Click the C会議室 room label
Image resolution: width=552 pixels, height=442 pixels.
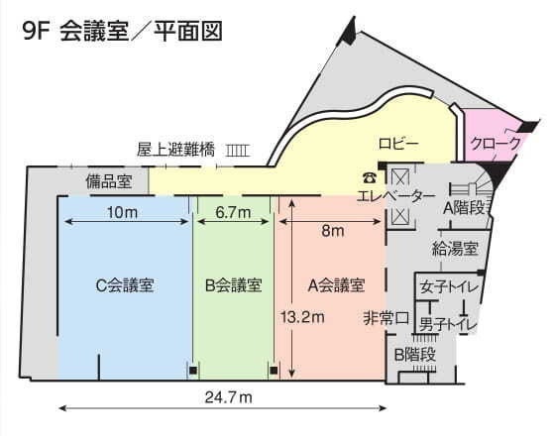(x=125, y=285)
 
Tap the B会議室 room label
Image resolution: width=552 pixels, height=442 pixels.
(x=234, y=285)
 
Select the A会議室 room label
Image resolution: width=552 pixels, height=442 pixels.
(x=336, y=285)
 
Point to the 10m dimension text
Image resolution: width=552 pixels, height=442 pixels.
(x=123, y=212)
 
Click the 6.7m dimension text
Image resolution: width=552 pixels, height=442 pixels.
(x=234, y=212)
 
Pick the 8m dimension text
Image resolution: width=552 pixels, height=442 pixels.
(x=333, y=231)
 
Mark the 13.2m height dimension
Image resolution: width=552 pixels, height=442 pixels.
(x=302, y=317)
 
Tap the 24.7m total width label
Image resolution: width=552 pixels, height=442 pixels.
(x=229, y=397)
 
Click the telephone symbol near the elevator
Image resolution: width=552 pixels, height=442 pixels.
(x=370, y=178)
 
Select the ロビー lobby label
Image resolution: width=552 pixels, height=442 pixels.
(x=398, y=144)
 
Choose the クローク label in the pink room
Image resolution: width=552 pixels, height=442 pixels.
(x=496, y=143)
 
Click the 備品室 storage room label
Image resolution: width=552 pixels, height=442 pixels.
(x=109, y=181)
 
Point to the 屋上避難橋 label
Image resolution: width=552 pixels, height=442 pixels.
(x=176, y=150)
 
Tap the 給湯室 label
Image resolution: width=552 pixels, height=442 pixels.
(x=455, y=249)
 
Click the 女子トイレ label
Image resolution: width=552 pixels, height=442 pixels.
(x=450, y=287)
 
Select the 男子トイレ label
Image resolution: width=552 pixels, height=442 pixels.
(x=448, y=324)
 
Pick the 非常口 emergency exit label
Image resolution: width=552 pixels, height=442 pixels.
(x=386, y=318)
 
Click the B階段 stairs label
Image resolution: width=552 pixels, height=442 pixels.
(x=415, y=354)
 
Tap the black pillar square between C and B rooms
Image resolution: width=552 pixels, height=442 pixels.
(x=192, y=370)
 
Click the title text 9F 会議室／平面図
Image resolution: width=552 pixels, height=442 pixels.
(x=123, y=31)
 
